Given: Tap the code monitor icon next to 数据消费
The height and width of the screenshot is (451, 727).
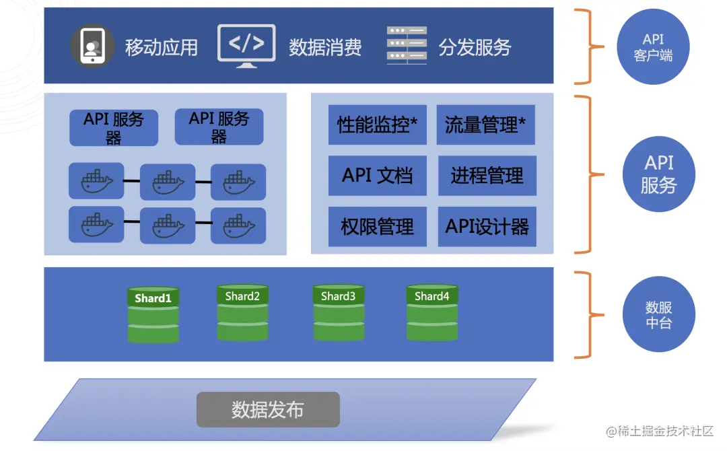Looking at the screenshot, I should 246,46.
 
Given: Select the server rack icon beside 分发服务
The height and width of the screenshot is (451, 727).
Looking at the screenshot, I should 407,46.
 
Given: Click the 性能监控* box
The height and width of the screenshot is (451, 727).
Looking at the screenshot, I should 377,125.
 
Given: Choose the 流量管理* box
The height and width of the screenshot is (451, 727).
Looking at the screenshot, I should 485,125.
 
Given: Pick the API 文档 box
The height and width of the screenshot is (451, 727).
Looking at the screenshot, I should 377,176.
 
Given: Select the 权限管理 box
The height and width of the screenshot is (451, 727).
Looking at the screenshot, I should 377,227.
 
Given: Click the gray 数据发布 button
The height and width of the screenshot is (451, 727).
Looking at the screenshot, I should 268,409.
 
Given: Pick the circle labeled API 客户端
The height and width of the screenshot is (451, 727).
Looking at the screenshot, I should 653,46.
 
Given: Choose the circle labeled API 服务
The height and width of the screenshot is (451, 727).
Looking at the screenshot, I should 658,174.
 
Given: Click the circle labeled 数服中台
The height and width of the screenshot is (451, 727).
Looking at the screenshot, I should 658,315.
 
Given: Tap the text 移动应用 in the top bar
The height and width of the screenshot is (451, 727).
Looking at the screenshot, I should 162,47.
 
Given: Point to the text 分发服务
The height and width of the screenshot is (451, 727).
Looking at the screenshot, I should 475,47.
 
